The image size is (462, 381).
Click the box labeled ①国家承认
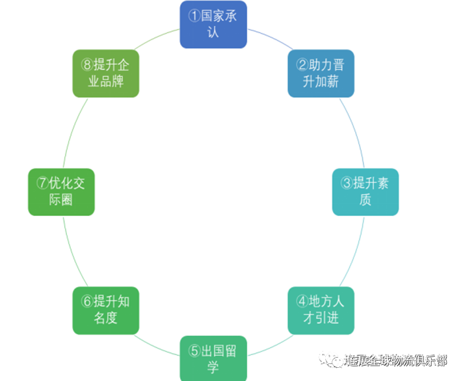213,24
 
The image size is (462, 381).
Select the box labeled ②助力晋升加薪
321,73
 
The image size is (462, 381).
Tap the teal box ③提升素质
365,192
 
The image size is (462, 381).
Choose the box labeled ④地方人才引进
321,310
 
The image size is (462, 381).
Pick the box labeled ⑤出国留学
213,358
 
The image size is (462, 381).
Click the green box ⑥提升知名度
105,310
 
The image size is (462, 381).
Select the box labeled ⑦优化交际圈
61,192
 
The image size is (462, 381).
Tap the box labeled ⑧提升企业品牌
105,73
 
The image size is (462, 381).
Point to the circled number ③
347,184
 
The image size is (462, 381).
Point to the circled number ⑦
43,184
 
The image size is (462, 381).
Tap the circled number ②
302,65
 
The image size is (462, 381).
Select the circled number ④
302,302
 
